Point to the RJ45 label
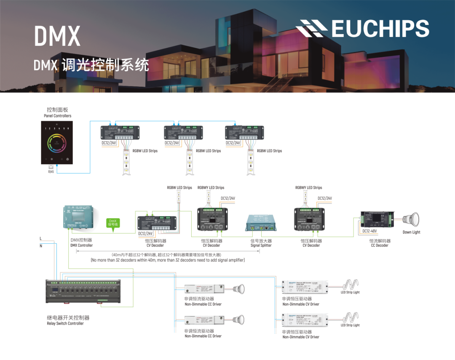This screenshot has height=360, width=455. (51, 171)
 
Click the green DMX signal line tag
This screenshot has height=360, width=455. (112, 223)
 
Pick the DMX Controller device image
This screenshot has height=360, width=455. (78, 217)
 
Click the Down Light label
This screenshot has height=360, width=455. (411, 232)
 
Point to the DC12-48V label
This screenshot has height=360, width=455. (369, 231)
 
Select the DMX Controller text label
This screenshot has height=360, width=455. (81, 243)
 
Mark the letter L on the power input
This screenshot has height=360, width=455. (41, 239)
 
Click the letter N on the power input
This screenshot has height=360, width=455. (41, 246)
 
